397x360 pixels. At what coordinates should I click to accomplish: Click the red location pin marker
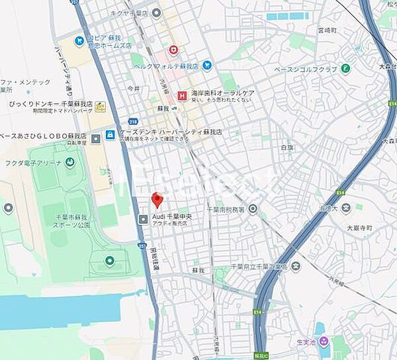157,200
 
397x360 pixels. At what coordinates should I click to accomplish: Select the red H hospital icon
182,95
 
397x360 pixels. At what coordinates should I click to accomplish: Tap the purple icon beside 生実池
324,341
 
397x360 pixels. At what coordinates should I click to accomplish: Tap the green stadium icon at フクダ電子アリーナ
69,163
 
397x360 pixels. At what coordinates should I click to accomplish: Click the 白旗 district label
286,147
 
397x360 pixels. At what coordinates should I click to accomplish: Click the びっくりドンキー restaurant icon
100,106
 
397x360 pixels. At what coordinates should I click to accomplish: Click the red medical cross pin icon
173,50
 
